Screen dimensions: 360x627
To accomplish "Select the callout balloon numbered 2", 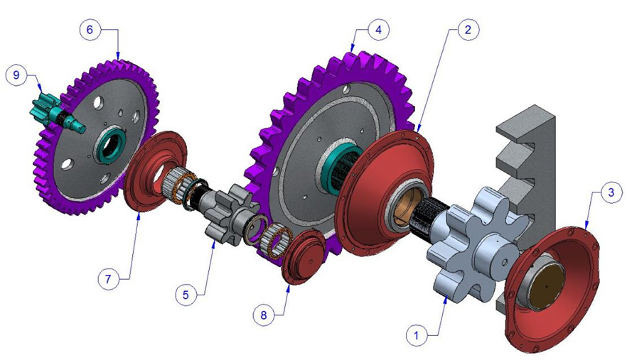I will click(x=466, y=30).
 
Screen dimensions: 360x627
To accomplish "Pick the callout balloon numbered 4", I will click(x=379, y=30).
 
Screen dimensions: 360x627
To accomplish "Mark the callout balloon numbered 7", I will click(x=109, y=279).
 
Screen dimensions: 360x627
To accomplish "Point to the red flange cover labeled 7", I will click(x=153, y=170).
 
